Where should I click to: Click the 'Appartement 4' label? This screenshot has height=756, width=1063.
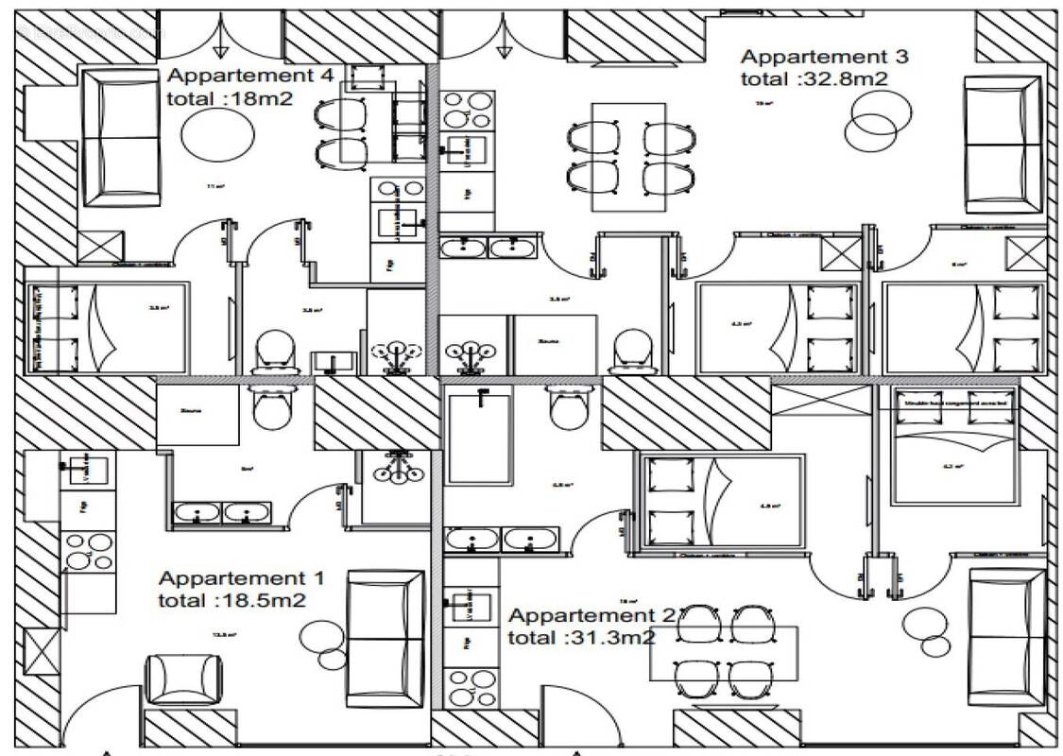(249, 77)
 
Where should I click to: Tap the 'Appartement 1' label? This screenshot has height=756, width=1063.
(241, 577)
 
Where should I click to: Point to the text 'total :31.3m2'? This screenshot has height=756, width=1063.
(581, 638)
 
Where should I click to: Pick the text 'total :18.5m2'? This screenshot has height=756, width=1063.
(231, 599)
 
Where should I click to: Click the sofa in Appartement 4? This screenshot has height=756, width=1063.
(120, 137)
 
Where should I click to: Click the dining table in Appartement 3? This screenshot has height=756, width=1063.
(628, 156)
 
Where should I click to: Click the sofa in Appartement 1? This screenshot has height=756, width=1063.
(385, 639)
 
